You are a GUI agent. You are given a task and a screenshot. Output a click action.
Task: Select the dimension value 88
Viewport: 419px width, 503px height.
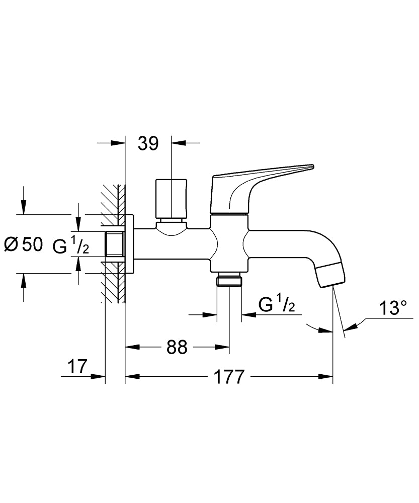point(177,347)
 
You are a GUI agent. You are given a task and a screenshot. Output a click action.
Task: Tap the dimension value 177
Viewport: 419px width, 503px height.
point(229,376)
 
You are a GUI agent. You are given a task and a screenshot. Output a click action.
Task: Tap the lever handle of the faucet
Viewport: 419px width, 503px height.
point(262,181)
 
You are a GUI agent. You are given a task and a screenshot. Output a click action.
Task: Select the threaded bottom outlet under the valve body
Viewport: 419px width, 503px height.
point(229,280)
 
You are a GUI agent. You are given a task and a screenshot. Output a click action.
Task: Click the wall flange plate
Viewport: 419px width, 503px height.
point(129,244)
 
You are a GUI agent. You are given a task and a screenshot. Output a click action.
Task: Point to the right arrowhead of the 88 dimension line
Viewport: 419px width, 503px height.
point(223,347)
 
